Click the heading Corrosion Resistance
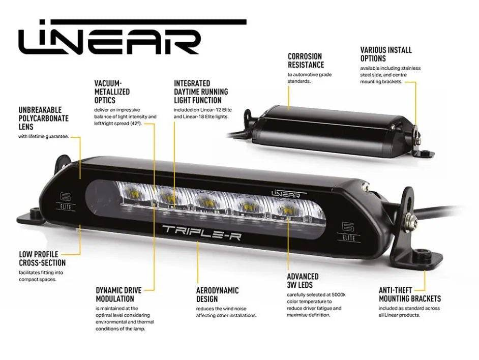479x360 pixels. [306, 61]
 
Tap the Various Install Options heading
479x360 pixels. [386, 54]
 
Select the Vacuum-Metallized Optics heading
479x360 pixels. [112, 92]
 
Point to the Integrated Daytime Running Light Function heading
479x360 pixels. [201, 92]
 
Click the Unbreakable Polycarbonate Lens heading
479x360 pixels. [43, 118]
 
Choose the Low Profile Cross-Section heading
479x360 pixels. [42, 258]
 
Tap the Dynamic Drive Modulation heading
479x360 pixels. [118, 294]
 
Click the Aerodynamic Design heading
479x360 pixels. [217, 294]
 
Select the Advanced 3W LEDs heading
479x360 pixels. [303, 281]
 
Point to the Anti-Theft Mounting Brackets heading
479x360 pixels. [410, 294]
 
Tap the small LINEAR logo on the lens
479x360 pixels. [286, 193]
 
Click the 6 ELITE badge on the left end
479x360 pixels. [66, 202]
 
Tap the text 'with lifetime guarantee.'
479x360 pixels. [43, 137]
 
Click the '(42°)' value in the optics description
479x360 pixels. [136, 124]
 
